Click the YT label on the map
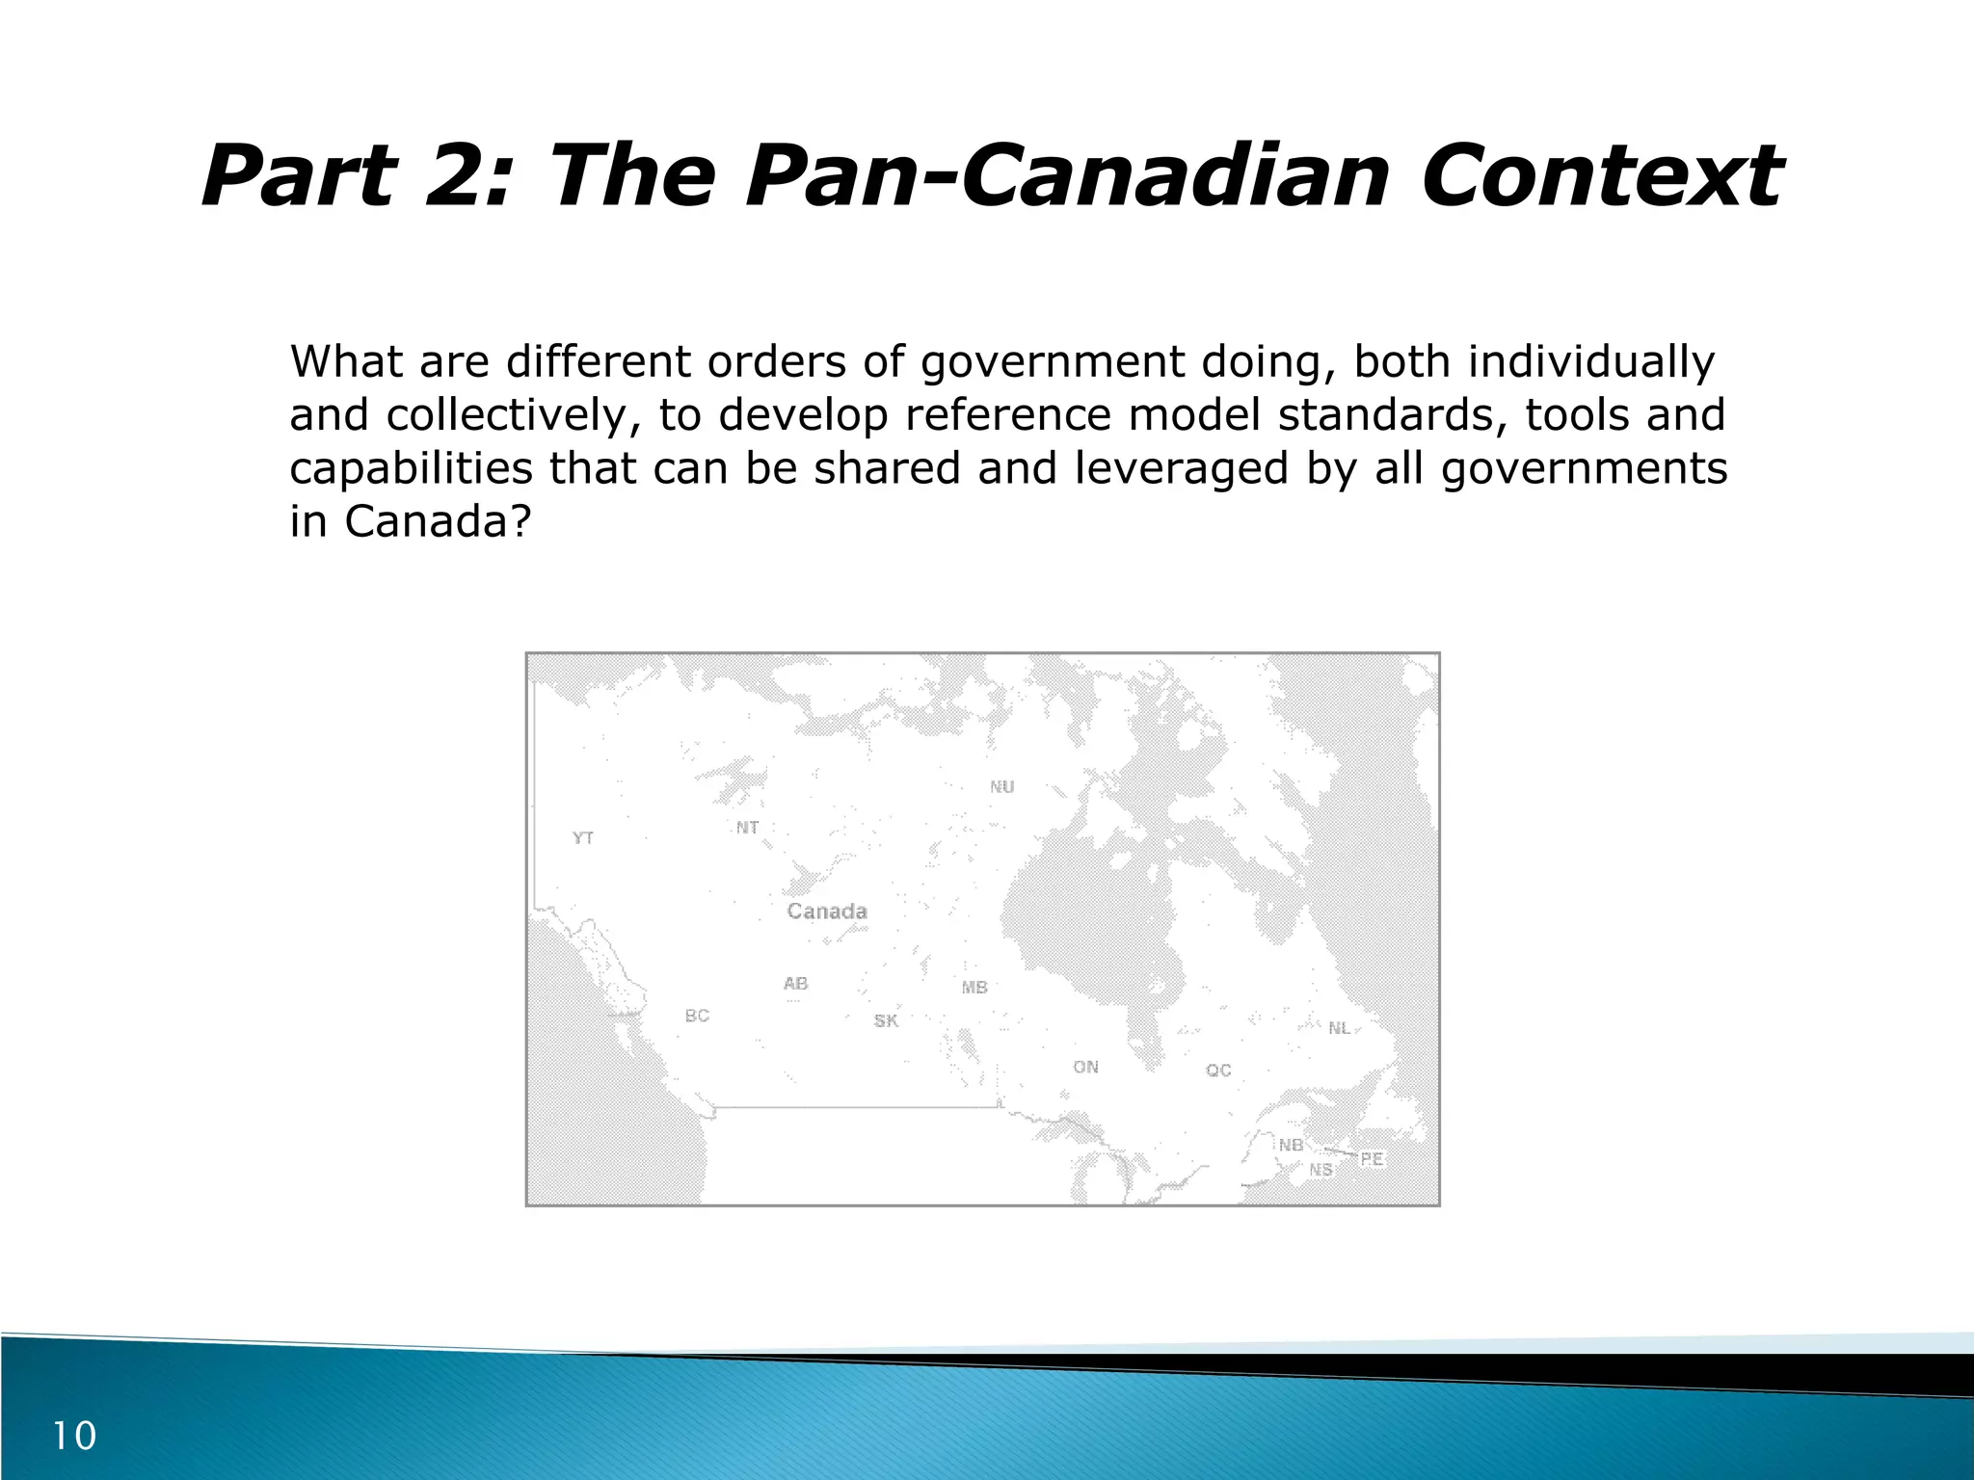click(583, 838)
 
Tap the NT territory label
click(748, 828)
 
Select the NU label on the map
click(1002, 787)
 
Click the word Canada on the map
click(827, 912)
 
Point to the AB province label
click(796, 984)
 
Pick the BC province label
click(697, 1016)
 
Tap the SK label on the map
click(886, 1020)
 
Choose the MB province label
click(974, 988)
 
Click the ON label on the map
click(1086, 1067)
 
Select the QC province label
click(1218, 1070)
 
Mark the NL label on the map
click(1340, 1028)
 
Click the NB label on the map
click(1291, 1145)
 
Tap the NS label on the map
click(1320, 1170)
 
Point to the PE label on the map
click(1372, 1159)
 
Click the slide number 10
click(74, 1437)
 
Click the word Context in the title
click(1600, 176)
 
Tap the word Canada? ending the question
click(438, 521)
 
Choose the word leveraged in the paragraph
click(1182, 468)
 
